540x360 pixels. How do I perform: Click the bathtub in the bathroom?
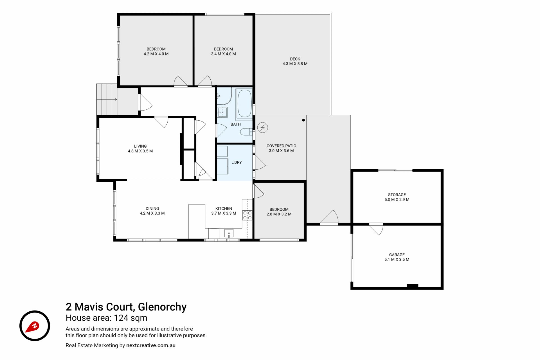pos(244,103)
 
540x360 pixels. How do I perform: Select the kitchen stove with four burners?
pos(247,215)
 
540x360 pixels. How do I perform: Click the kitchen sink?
pos(229,233)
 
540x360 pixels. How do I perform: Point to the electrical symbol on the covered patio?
pos(262,128)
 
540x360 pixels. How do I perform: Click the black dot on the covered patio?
pos(303,120)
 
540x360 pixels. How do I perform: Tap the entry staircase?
pos(107,99)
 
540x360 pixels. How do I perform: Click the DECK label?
pos(295,59)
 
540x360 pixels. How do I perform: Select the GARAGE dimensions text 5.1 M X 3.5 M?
pos(397,260)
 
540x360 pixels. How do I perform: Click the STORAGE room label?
pos(397,195)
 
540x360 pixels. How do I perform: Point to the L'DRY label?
pos(237,162)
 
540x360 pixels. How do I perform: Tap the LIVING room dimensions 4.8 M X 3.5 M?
pos(140,151)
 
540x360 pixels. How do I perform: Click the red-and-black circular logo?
pos(35,326)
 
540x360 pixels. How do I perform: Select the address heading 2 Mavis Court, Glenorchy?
pos(126,307)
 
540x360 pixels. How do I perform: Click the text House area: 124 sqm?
pos(106,318)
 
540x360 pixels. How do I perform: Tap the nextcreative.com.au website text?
pos(151,345)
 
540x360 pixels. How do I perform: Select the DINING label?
pos(152,208)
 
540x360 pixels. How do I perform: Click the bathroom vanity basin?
pos(222,112)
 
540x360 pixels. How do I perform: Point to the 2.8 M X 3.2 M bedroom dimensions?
pos(279,214)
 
